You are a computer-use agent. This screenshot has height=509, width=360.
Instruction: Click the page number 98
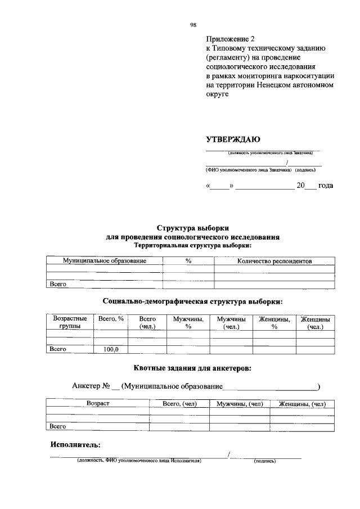[193, 25]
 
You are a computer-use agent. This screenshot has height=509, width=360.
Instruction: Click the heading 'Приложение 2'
[230, 39]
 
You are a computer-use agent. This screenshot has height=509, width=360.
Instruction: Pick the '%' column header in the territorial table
[188, 261]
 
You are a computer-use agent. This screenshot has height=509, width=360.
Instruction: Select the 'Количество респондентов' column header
[274, 261]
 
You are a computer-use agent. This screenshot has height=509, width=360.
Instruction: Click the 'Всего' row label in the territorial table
[58, 284]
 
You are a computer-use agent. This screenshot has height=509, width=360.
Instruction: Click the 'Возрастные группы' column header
[70, 323]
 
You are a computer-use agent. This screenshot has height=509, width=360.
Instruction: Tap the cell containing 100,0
[111, 349]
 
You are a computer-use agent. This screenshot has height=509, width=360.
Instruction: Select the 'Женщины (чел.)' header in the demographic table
[315, 323]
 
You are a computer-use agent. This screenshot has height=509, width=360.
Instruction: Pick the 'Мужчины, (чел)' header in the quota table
[240, 404]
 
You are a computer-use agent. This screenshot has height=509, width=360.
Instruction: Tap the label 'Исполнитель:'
[75, 444]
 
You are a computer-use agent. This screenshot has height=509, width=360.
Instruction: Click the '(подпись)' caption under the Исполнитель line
[264, 461]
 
